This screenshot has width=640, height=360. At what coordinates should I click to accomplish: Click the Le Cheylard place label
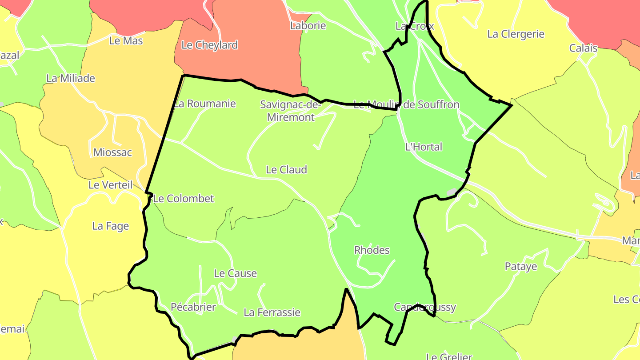[x=210, y=45]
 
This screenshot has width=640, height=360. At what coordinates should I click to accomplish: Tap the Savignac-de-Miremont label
[x=290, y=111]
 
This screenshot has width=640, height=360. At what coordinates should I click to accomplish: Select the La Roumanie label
[x=205, y=104]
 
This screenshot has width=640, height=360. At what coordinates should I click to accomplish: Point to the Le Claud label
[x=286, y=169]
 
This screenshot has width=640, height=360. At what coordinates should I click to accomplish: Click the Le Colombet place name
[x=184, y=199]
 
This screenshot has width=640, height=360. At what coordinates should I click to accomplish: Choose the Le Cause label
[x=235, y=273]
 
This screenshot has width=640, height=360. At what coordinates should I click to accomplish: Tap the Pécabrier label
[x=193, y=307]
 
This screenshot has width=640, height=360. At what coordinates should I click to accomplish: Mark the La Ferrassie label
[x=272, y=312]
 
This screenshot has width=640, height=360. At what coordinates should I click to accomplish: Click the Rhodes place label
[x=372, y=250]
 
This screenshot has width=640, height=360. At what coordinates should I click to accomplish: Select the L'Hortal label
[x=424, y=147]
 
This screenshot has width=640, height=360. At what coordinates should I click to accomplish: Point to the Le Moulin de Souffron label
[x=406, y=105]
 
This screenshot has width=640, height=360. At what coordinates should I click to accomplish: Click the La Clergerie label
[x=516, y=34]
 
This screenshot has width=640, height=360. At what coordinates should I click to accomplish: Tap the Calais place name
[x=584, y=48]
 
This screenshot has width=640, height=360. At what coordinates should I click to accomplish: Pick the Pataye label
[x=521, y=267]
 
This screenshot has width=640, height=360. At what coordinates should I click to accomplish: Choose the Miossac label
[x=112, y=152]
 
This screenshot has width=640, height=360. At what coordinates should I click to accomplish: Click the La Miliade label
[x=71, y=78]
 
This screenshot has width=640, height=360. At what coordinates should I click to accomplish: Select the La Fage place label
[x=111, y=226]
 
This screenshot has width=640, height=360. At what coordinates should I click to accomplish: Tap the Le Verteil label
[x=111, y=185]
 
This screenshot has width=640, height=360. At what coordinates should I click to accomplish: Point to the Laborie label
[x=308, y=25]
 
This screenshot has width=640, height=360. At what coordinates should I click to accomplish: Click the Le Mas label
[x=126, y=40]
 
